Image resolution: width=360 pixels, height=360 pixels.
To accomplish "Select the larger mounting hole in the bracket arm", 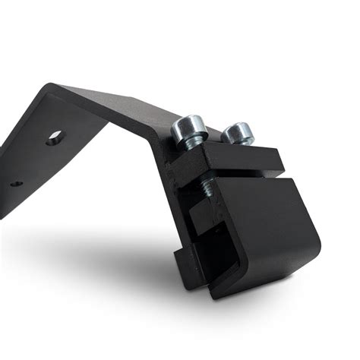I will click(54, 139).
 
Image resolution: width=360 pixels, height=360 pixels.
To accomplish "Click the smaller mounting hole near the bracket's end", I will click(15, 182).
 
